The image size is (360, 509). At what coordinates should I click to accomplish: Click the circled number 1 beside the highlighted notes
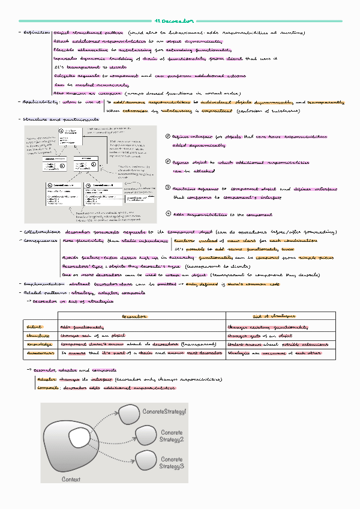click(x=167, y=137)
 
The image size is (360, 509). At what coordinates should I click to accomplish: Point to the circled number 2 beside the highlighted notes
click(x=167, y=163)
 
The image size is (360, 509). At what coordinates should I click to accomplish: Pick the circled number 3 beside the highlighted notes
click(x=167, y=188)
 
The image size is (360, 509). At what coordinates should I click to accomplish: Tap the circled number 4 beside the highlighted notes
click(x=167, y=214)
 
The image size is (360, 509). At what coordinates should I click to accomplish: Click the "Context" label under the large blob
click(x=71, y=480)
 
